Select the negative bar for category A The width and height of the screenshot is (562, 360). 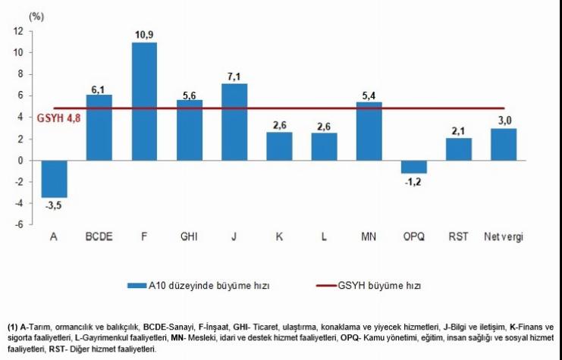pos(54,179)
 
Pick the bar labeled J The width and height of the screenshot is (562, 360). pos(234,122)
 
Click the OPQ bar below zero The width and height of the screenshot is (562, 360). pos(414,167)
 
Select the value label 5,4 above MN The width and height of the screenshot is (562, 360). pos(369,95)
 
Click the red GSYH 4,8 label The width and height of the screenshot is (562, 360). pos(58,118)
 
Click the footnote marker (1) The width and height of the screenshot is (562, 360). pos(11,326)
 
